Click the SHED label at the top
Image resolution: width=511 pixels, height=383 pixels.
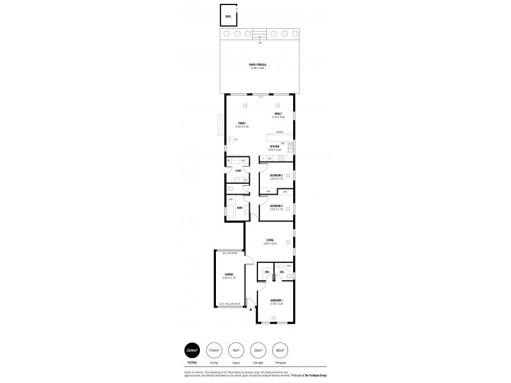(x=227, y=16)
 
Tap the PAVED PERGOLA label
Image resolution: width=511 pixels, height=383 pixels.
(x=257, y=65)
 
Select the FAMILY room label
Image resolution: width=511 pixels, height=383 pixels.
(x=242, y=123)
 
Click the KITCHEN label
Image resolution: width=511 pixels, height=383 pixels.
(x=275, y=147)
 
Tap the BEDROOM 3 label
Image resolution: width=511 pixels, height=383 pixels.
(x=276, y=175)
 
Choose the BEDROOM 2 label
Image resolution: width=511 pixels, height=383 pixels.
(x=276, y=206)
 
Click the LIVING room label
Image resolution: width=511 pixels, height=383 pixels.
(x=270, y=240)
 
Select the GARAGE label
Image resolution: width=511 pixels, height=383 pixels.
(x=228, y=274)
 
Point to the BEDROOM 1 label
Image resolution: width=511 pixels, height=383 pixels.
(x=276, y=300)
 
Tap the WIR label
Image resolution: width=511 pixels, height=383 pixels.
(x=267, y=273)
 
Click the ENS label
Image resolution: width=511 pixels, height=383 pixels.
(x=282, y=273)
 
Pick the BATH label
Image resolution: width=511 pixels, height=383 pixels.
(x=240, y=207)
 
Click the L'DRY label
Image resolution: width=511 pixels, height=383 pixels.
(x=238, y=170)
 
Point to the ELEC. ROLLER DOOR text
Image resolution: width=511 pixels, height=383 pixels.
(x=229, y=304)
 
